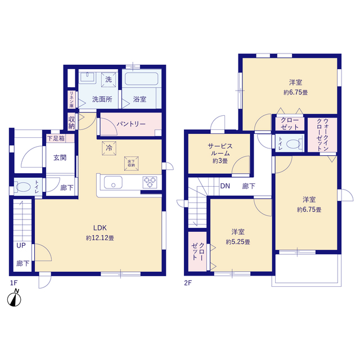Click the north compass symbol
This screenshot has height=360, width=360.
tap(14, 298)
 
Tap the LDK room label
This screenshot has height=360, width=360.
tap(100, 228)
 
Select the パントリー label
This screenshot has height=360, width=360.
tap(131, 124)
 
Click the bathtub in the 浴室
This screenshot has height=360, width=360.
tap(141, 79)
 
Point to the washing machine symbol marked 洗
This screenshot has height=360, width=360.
tap(109, 79)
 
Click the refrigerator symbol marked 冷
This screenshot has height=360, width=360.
tap(109, 148)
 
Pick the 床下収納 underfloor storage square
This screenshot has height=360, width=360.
tap(131, 163)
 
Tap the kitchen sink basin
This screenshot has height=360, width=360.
tap(113, 182)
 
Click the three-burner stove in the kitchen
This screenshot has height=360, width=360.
tap(150, 182)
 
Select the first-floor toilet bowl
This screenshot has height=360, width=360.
tap(23, 187)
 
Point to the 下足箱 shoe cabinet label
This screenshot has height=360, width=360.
tap(56, 138)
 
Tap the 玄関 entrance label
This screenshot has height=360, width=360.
tap(60, 157)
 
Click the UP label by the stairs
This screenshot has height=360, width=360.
tap(21, 245)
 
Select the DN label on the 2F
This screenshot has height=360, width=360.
tap(225, 186)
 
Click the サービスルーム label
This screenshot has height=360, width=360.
tap(220, 150)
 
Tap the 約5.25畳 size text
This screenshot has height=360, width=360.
tap(238, 242)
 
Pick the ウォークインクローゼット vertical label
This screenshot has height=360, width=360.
tap(322, 135)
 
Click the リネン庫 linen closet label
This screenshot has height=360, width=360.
tap(71, 100)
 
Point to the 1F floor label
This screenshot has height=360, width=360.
tap(13, 282)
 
